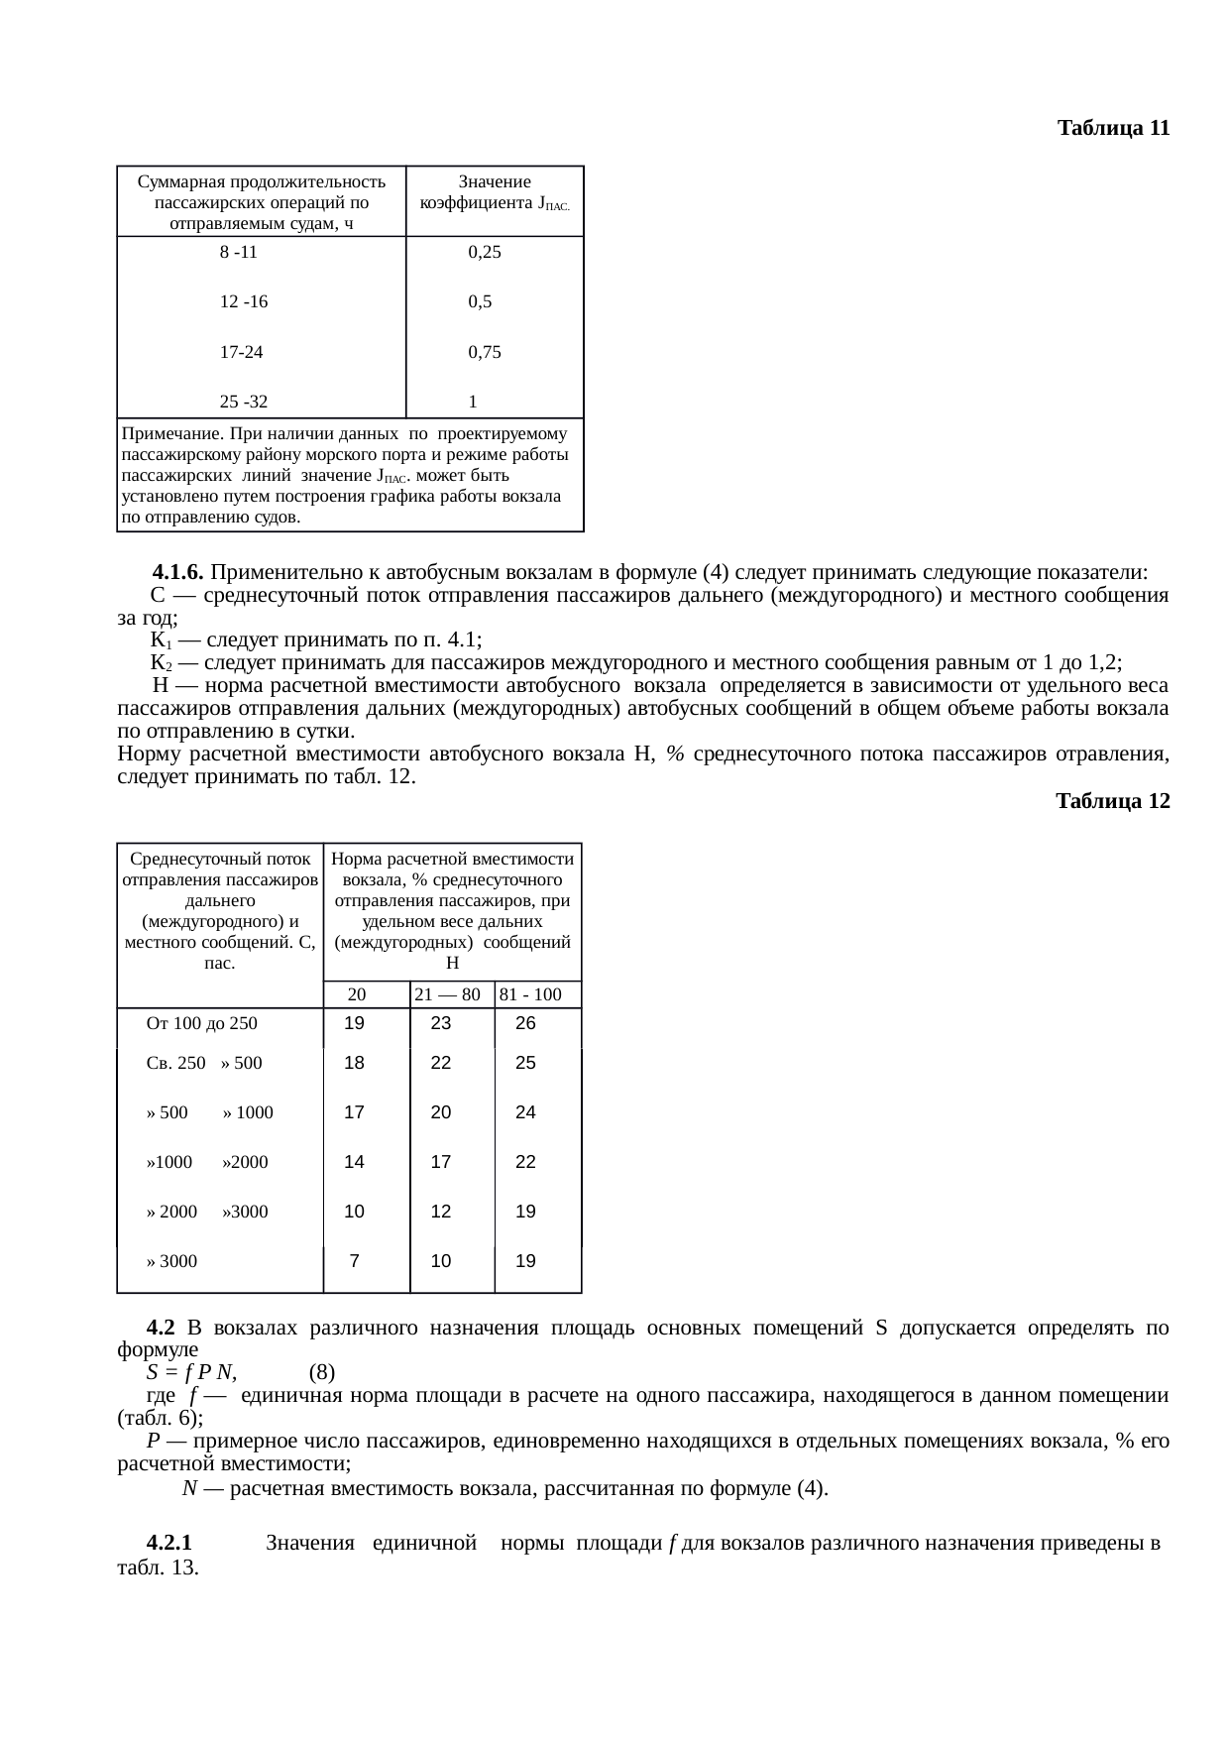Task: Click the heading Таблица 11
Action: click(1113, 129)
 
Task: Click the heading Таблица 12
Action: click(1113, 801)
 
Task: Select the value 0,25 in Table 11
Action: click(485, 252)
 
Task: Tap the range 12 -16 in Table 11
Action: click(243, 301)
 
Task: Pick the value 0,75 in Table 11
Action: click(485, 351)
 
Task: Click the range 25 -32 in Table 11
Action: click(243, 402)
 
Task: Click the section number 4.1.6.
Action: click(178, 573)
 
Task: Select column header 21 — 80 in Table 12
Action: click(447, 994)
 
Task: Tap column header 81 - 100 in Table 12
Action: click(531, 994)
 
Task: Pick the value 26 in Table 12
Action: click(526, 1023)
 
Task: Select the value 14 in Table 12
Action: click(354, 1162)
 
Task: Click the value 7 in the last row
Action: click(354, 1261)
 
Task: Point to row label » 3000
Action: click(171, 1262)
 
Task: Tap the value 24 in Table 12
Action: click(526, 1112)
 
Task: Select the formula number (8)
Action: click(322, 1373)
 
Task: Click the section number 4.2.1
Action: click(168, 1544)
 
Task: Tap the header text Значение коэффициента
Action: click(495, 192)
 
